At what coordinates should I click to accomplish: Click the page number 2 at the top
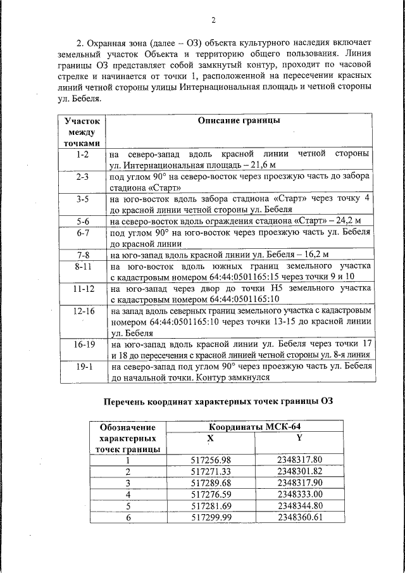click(213, 20)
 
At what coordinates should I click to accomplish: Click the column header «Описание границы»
click(239, 120)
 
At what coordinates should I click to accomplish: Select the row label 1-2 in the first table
click(82, 154)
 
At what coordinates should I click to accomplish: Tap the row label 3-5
click(82, 198)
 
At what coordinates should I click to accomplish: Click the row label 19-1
click(82, 367)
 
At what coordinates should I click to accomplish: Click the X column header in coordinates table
click(211, 438)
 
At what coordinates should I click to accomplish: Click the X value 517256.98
click(211, 460)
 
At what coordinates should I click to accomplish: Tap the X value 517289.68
click(211, 482)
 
